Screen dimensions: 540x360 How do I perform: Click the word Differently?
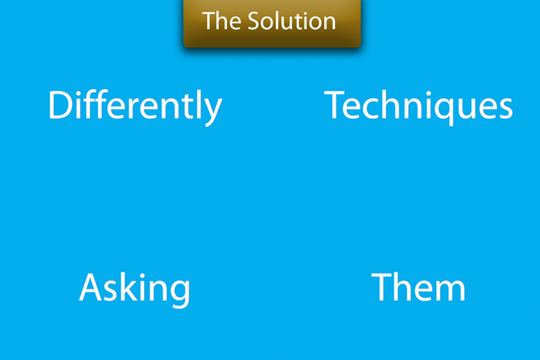click(135, 107)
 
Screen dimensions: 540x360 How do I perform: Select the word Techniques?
click(418, 106)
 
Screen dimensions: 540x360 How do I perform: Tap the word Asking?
click(134, 289)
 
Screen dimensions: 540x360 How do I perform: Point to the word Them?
click(418, 287)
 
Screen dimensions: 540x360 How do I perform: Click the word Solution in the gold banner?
click(292, 21)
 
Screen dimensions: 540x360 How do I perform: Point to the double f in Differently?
click(96, 104)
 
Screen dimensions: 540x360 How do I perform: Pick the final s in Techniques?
click(505, 109)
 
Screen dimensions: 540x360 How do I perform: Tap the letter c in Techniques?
click(373, 109)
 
